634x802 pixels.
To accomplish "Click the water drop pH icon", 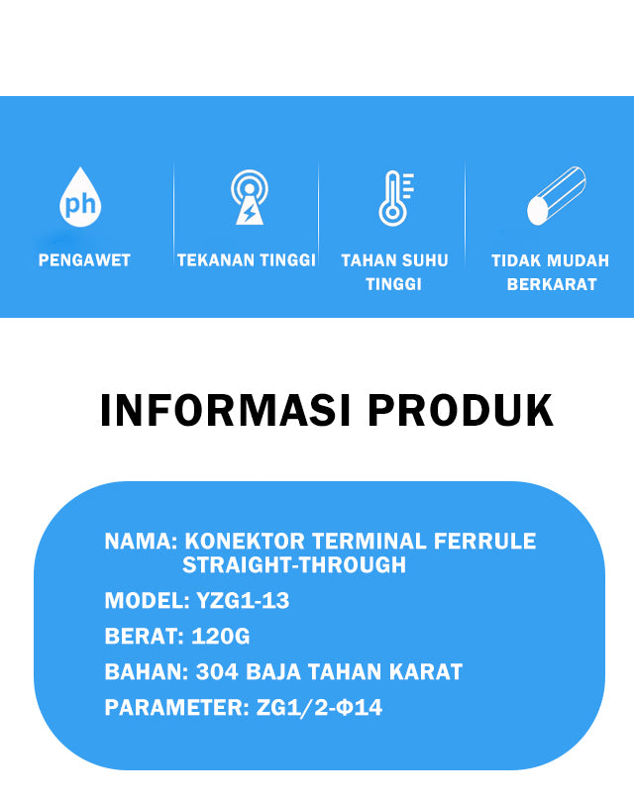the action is tap(80, 197).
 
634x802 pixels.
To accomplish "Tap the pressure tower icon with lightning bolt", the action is tap(250, 197).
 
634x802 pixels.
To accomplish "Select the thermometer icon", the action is tap(395, 198).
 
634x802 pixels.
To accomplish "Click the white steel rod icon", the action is tap(556, 195).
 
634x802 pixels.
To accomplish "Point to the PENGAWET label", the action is tap(84, 260).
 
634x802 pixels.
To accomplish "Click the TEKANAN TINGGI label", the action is tap(247, 260).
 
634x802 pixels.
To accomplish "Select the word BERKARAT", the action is tap(552, 284).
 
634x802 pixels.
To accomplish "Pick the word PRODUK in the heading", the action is tap(461, 410).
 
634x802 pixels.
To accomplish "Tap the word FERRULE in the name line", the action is tap(484, 542).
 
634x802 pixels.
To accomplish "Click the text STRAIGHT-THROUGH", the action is tap(294, 565).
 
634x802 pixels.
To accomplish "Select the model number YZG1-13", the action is tap(243, 600).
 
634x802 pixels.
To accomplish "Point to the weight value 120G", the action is tap(221, 637).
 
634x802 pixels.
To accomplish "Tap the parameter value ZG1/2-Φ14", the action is tap(319, 708).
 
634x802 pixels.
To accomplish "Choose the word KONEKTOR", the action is tap(245, 542).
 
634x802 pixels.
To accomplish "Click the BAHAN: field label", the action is tap(147, 672).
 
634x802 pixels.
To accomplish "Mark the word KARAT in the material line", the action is tap(426, 672).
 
